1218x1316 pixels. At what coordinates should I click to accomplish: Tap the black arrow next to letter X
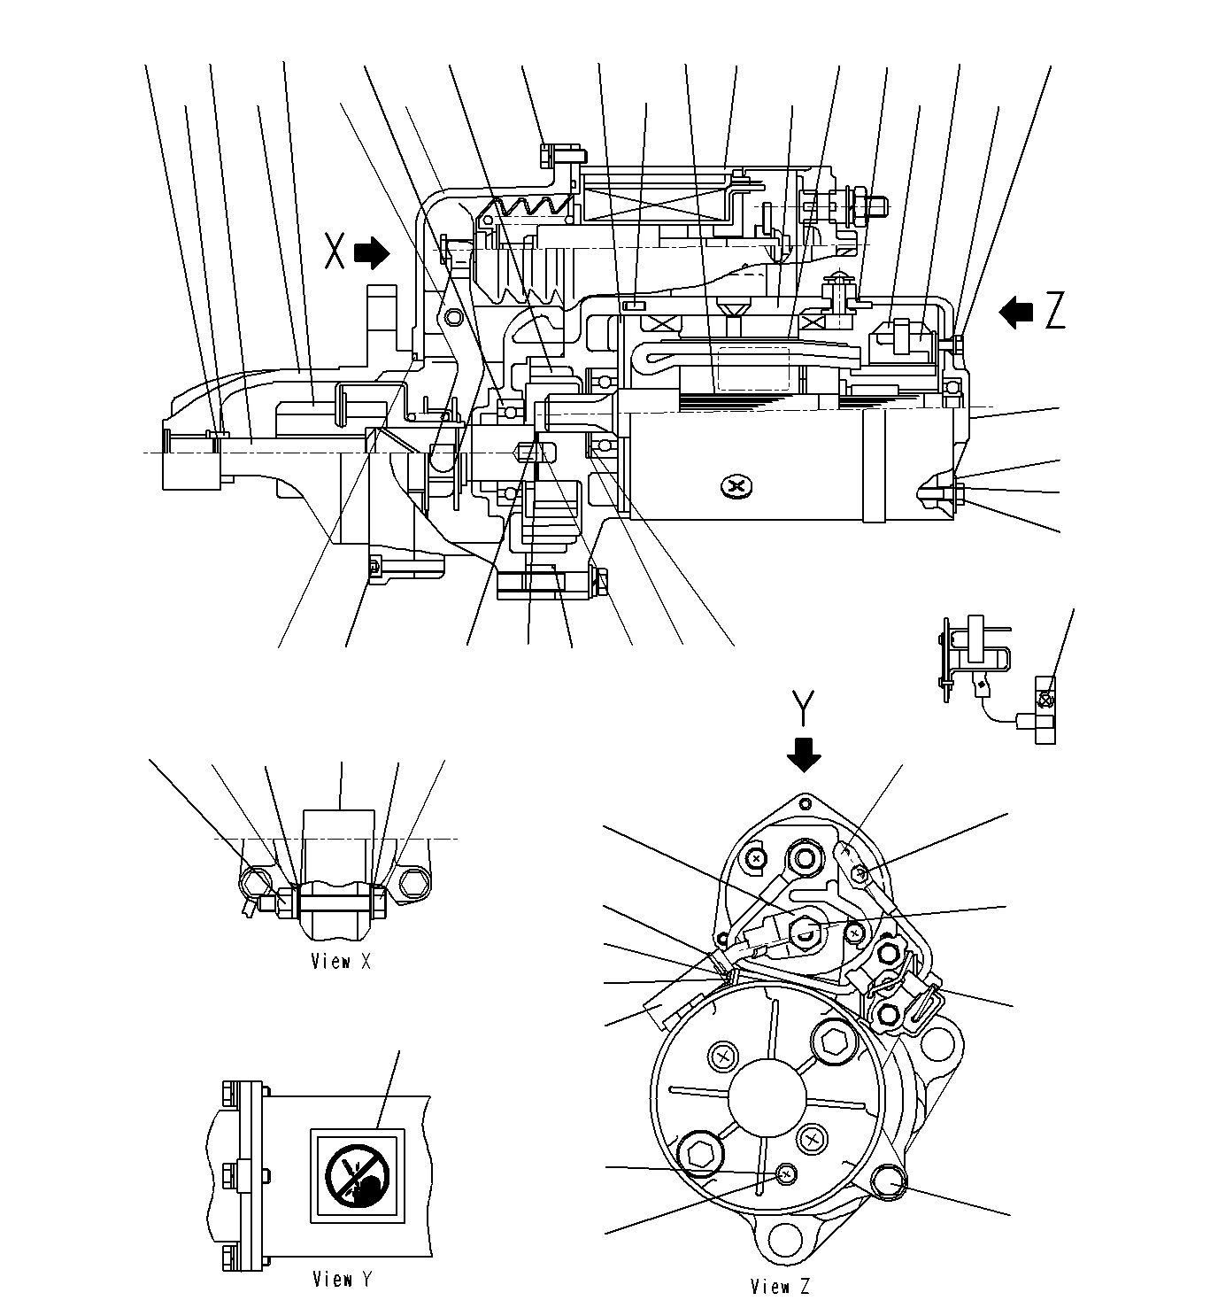click(372, 253)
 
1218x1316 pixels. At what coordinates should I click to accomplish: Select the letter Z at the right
click(1054, 312)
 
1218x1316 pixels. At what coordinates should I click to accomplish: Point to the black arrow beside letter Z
click(1016, 311)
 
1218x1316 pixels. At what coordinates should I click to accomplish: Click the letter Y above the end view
click(804, 708)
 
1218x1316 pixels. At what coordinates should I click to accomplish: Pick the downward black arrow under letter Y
click(804, 755)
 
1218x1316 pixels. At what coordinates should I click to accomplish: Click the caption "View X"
click(341, 961)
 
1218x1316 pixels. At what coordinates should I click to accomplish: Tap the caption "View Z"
click(780, 1286)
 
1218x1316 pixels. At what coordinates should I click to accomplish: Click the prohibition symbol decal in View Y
click(358, 1175)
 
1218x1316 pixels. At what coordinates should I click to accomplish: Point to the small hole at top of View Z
click(803, 803)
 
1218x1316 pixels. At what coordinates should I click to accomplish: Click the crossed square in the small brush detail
click(1045, 700)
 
